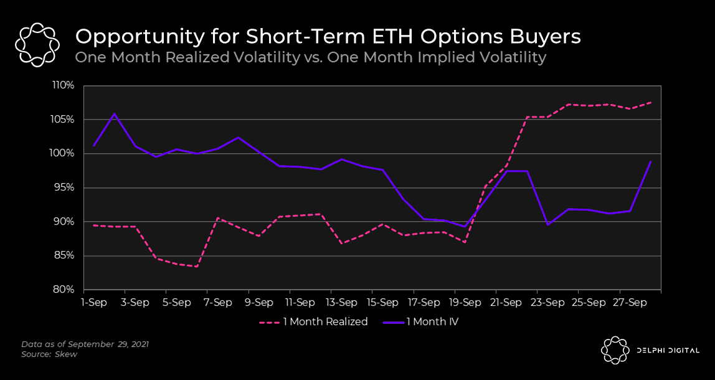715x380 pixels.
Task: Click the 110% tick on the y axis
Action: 64,85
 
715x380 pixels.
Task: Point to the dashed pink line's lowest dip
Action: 197,267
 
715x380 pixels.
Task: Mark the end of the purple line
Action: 651,162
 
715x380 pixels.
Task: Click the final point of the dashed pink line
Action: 651,102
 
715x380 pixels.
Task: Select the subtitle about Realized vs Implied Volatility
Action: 310,57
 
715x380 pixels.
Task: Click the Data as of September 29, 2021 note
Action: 85,344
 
